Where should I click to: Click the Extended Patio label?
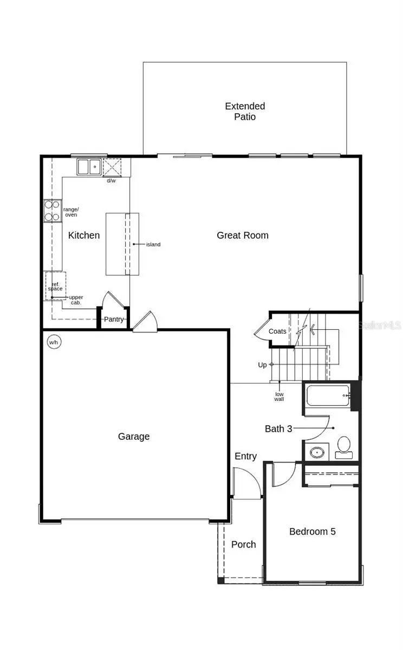click(245, 111)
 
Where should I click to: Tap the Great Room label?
click(242, 235)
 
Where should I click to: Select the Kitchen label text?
click(84, 235)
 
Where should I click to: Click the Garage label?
click(134, 436)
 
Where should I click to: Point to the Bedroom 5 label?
click(312, 531)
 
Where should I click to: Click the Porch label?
click(243, 544)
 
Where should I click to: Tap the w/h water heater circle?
click(54, 342)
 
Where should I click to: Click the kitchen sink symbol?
click(88, 167)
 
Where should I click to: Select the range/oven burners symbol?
click(53, 211)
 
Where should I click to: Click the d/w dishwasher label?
click(111, 180)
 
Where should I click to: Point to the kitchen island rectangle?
click(121, 244)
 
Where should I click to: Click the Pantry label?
click(114, 320)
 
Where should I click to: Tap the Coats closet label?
click(277, 331)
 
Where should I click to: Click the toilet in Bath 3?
click(343, 446)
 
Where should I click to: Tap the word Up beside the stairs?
click(262, 365)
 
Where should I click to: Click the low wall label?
click(279, 396)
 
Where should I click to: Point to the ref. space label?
click(56, 286)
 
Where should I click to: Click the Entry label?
click(245, 456)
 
